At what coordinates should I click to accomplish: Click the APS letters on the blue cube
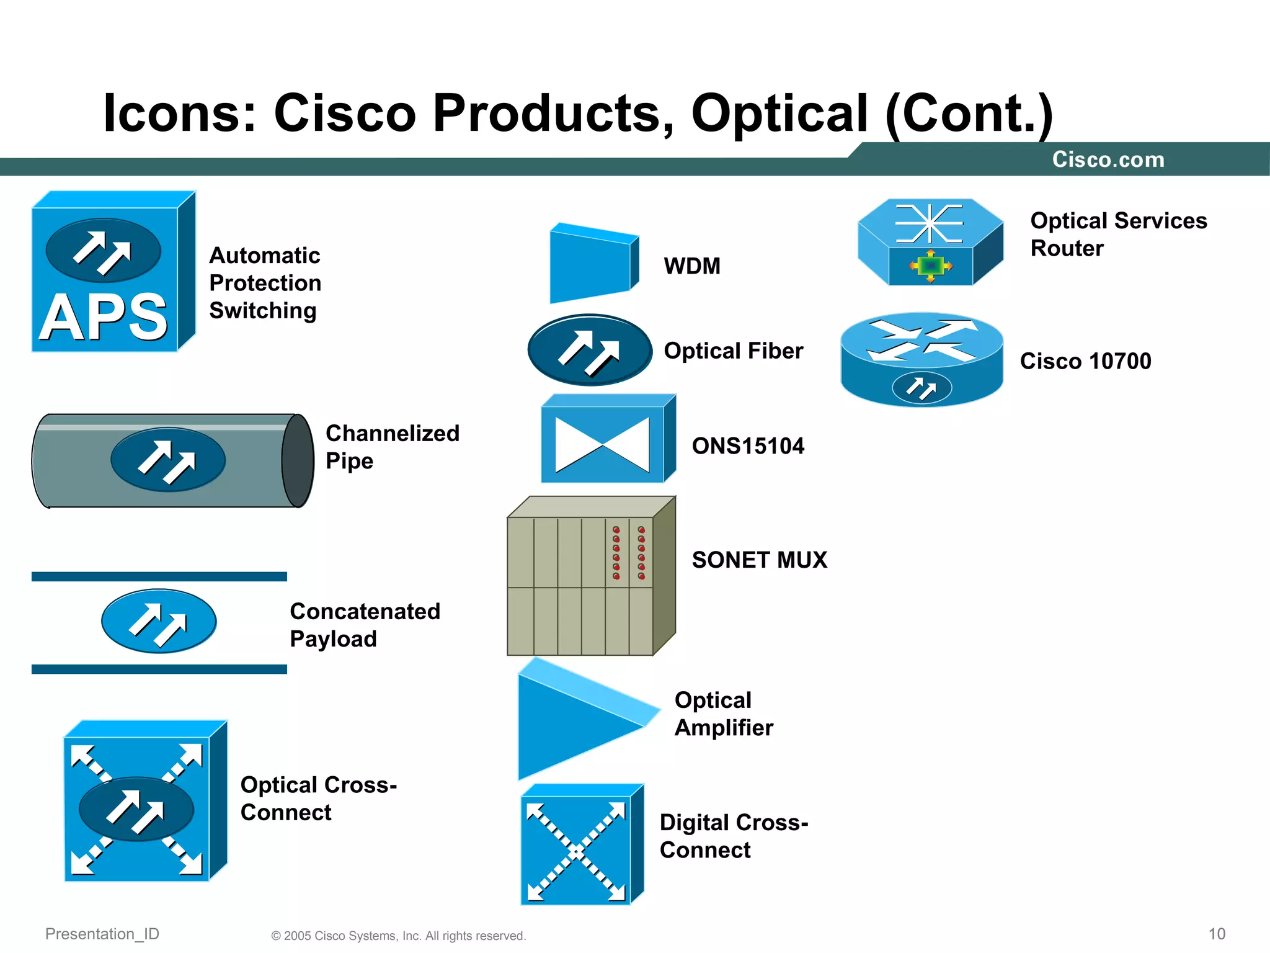pos(104,317)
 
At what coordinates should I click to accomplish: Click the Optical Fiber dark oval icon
pos(589,351)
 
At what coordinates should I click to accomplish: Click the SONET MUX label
pos(759,560)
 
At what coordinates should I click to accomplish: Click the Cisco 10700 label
pos(1085,361)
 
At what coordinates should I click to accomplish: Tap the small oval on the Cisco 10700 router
pos(921,389)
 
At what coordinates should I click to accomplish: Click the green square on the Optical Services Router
pos(930,266)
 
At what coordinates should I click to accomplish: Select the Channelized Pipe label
pos(392,447)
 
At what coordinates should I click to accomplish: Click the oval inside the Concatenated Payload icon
pos(159,621)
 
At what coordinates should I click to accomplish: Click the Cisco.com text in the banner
pos(1108,159)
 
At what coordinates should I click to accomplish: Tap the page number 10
pos(1217,934)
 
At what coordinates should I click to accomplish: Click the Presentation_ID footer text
pos(102,934)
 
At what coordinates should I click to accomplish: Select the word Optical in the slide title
pos(779,114)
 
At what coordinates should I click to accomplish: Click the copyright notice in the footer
pos(398,936)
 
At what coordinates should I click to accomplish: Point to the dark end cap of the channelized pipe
pos(298,461)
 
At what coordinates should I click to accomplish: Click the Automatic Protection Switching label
pos(265,283)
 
